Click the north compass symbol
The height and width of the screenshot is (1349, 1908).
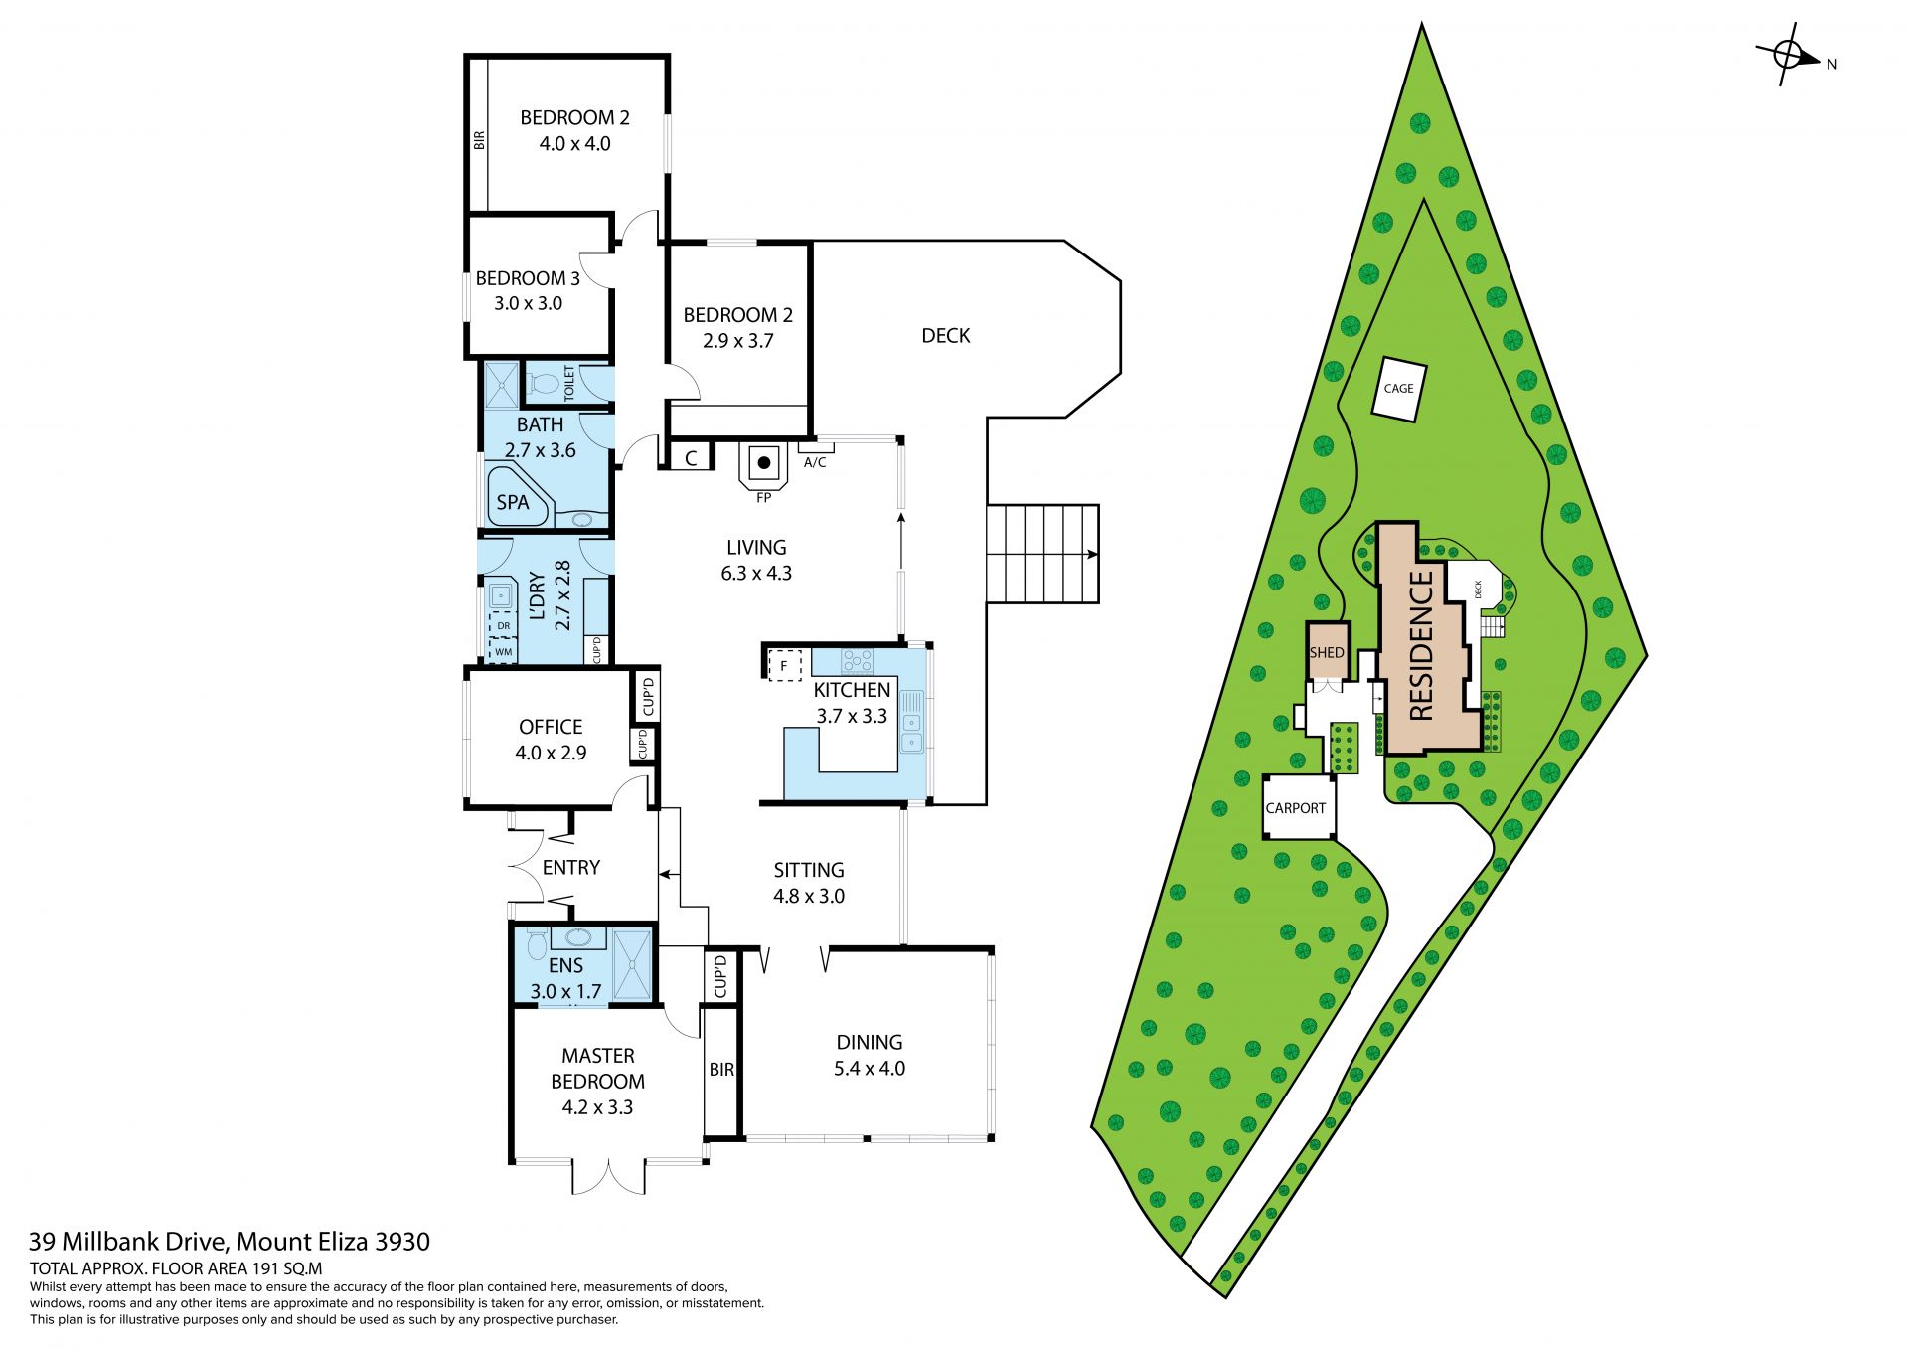[x=1788, y=56]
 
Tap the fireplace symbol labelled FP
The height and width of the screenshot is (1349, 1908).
[x=763, y=465]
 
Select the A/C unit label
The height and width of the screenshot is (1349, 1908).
[x=815, y=462]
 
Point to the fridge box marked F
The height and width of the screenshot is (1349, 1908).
[x=785, y=665]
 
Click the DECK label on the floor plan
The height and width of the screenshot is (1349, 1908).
[x=945, y=336]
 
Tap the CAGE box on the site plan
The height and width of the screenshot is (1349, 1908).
[x=1398, y=388]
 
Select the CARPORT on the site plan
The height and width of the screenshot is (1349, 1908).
[x=1296, y=807]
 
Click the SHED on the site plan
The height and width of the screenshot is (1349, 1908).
[x=1327, y=652]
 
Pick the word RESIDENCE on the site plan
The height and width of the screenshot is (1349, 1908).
[x=1421, y=645]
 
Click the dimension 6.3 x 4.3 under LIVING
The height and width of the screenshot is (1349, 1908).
[x=756, y=574]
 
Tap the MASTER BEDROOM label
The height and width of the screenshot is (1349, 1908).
[x=597, y=1069]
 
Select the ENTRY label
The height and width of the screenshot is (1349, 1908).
[x=571, y=868]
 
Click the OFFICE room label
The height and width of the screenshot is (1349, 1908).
[x=551, y=727]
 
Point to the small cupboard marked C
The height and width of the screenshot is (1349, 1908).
[x=692, y=458]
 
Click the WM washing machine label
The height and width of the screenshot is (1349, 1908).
[x=504, y=652]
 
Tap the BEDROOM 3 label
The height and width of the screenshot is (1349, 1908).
[x=528, y=278]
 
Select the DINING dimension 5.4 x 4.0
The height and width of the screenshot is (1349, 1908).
[x=870, y=1069]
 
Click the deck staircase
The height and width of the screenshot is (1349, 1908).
[x=1042, y=554]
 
